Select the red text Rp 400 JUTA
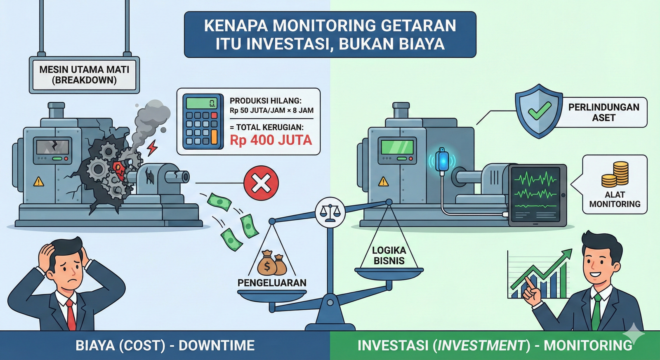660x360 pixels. (x=271, y=140)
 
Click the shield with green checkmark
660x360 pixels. (x=539, y=111)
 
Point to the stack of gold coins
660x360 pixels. (x=615, y=174)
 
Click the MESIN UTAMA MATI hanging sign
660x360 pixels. (x=84, y=75)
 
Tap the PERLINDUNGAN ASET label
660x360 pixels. (x=603, y=112)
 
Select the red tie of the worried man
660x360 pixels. (x=71, y=315)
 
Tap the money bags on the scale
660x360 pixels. (x=271, y=264)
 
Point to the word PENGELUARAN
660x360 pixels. (x=272, y=283)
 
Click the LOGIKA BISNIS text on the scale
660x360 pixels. (x=389, y=256)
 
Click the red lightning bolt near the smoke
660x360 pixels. (x=152, y=148)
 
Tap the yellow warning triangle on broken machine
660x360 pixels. (x=39, y=181)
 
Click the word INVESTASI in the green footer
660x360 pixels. (x=393, y=345)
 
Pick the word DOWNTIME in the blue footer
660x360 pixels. (x=217, y=345)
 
